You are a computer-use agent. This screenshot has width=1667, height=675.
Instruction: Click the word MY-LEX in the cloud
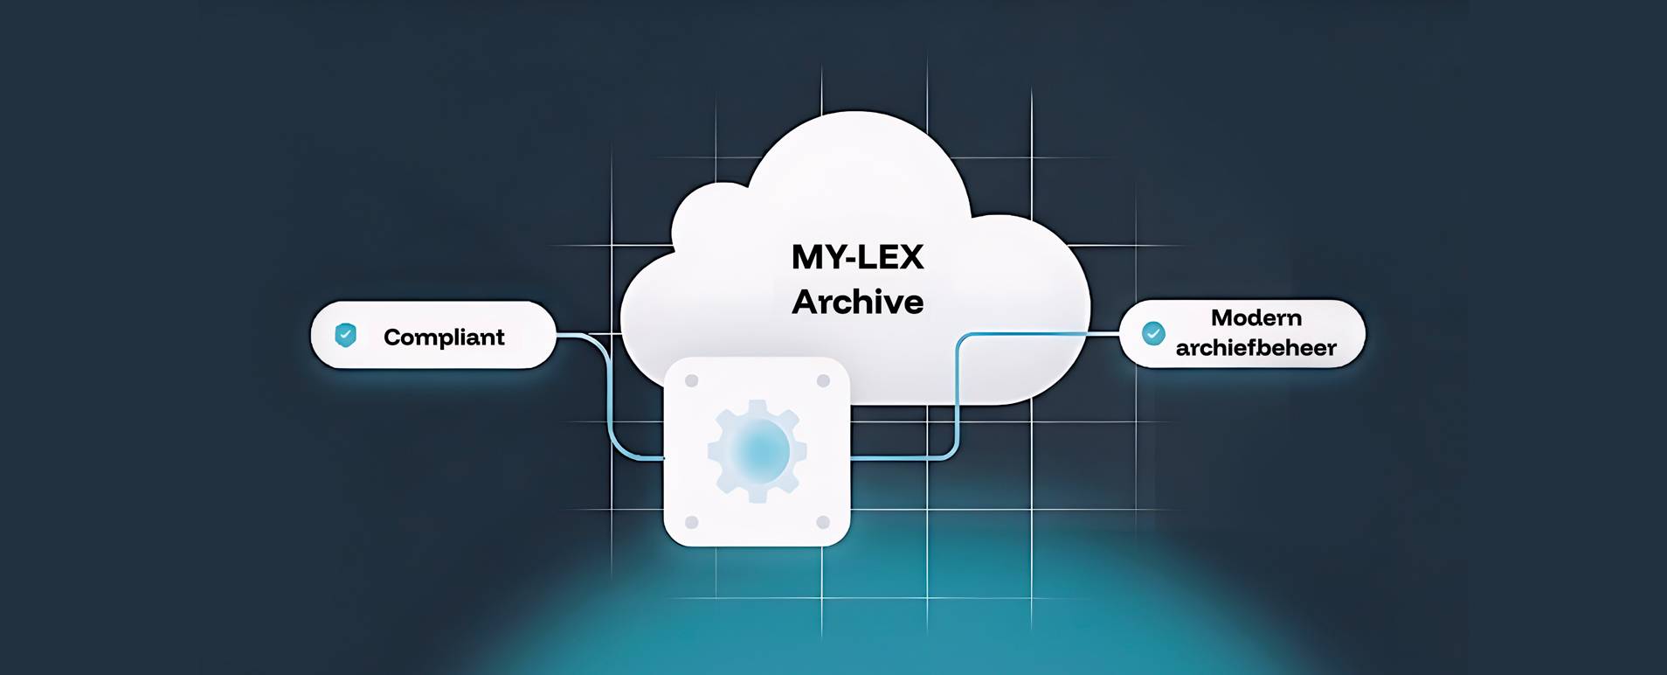tap(857, 257)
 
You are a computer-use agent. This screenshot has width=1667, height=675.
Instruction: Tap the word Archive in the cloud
tap(857, 303)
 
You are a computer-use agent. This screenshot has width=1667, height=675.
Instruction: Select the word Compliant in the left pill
tap(444, 337)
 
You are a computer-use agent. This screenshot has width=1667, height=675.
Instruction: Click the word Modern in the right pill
tap(1255, 318)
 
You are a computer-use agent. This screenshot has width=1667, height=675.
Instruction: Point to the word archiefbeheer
tap(1255, 348)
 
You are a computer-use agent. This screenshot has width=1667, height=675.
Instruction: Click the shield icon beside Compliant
tap(346, 335)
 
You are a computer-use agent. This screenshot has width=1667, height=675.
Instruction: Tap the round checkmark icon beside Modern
tap(1153, 333)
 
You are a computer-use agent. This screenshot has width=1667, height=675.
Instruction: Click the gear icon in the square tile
tap(757, 451)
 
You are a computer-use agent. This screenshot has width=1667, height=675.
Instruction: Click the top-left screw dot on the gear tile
tap(692, 381)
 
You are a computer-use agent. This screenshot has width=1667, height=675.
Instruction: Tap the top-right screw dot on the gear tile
tap(823, 381)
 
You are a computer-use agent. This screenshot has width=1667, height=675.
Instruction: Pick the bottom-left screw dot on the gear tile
tap(692, 522)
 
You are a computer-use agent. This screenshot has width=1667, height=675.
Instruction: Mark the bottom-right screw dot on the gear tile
tap(823, 522)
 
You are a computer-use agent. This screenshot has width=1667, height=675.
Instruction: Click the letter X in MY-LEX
tap(909, 257)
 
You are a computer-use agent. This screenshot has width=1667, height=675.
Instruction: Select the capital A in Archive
tap(806, 303)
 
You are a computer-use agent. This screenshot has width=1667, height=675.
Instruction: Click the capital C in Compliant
tap(392, 337)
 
